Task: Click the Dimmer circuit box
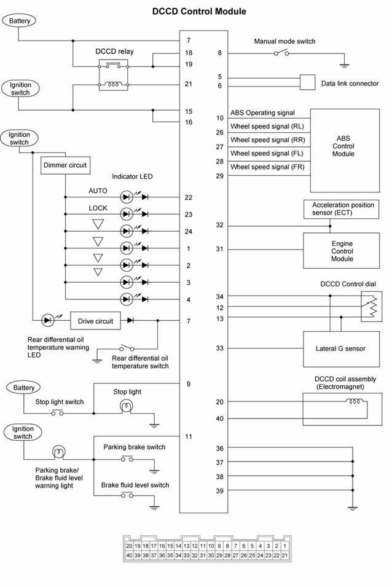(66, 165)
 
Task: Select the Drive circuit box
(95, 321)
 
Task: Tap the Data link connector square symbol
(307, 82)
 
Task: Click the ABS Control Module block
(345, 151)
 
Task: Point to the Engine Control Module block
(341, 250)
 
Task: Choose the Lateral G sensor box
(341, 349)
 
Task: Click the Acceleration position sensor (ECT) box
(341, 209)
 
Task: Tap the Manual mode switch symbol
(281, 53)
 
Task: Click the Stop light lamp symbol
(127, 406)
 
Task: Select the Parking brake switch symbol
(127, 459)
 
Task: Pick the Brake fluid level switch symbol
(127, 495)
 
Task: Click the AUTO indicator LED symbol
(127, 197)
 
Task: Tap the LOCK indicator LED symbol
(127, 214)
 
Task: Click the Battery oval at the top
(20, 21)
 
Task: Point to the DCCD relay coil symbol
(113, 85)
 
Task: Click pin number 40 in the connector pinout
(129, 555)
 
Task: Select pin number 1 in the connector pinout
(284, 546)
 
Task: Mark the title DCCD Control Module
(199, 11)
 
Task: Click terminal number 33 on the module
(219, 348)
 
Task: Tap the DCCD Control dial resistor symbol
(372, 307)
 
